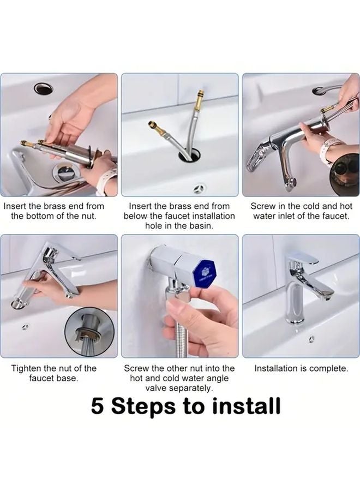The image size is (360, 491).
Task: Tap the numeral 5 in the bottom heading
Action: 98,406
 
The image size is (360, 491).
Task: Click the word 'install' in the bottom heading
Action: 247,406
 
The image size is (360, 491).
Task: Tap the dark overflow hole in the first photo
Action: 44,88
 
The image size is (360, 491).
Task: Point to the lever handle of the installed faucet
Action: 303,260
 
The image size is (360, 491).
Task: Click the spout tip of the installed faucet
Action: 328,297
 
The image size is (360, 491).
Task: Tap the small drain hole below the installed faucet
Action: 311,339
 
